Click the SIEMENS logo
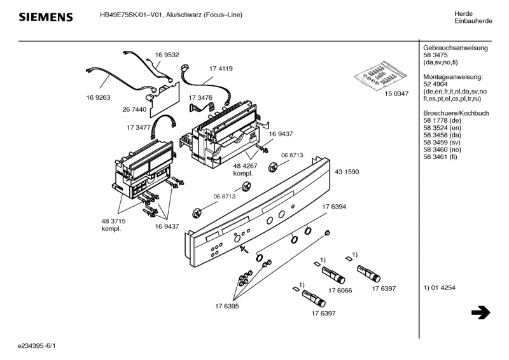tap(45, 17)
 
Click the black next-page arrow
tap(480, 313)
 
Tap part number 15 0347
tap(396, 94)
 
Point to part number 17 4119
tap(221, 68)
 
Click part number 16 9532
tap(167, 55)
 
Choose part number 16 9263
tap(99, 97)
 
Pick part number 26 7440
tap(134, 109)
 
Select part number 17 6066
tap(340, 290)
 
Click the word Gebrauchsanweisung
tap(455, 48)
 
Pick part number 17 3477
tap(138, 127)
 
